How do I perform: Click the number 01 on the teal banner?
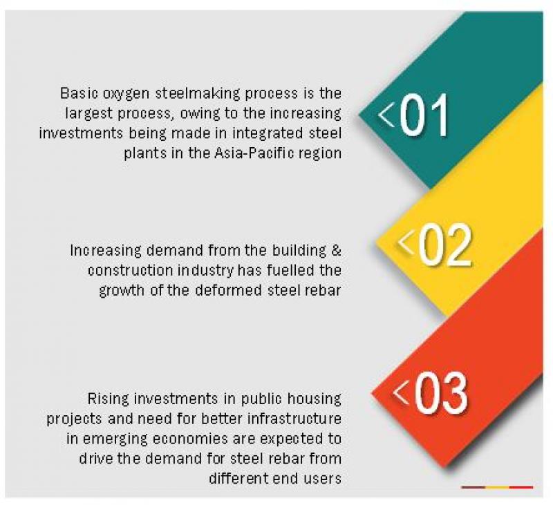[x=424, y=115]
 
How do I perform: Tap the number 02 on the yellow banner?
[x=444, y=245]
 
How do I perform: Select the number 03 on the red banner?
[x=441, y=393]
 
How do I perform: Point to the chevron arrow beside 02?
[x=406, y=242]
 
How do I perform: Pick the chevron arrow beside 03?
[x=400, y=392]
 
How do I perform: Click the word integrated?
[x=268, y=134]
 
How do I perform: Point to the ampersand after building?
[x=337, y=251]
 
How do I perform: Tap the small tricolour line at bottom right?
[x=497, y=487]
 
